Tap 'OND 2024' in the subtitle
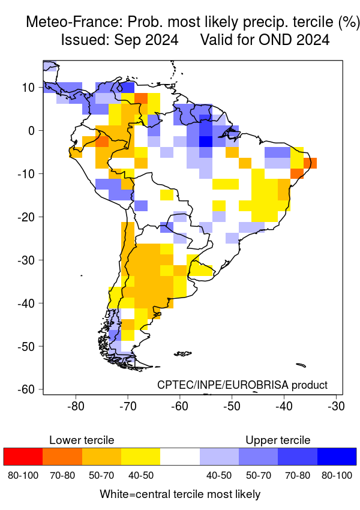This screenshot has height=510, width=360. click(x=297, y=40)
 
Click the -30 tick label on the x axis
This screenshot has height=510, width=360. click(x=335, y=406)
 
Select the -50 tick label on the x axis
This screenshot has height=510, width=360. click(x=232, y=406)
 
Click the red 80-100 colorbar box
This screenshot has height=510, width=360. click(x=23, y=457)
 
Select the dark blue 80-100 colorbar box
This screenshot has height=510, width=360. click(x=337, y=457)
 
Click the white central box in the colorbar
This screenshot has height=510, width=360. click(x=180, y=457)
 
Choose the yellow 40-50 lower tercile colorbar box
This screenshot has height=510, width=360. click(x=141, y=457)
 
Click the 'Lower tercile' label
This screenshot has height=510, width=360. click(x=82, y=440)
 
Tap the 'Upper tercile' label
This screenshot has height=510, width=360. click(x=278, y=440)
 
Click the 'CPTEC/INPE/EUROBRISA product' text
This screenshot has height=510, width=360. click(x=242, y=385)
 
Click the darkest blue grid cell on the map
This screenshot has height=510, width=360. click(x=206, y=142)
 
